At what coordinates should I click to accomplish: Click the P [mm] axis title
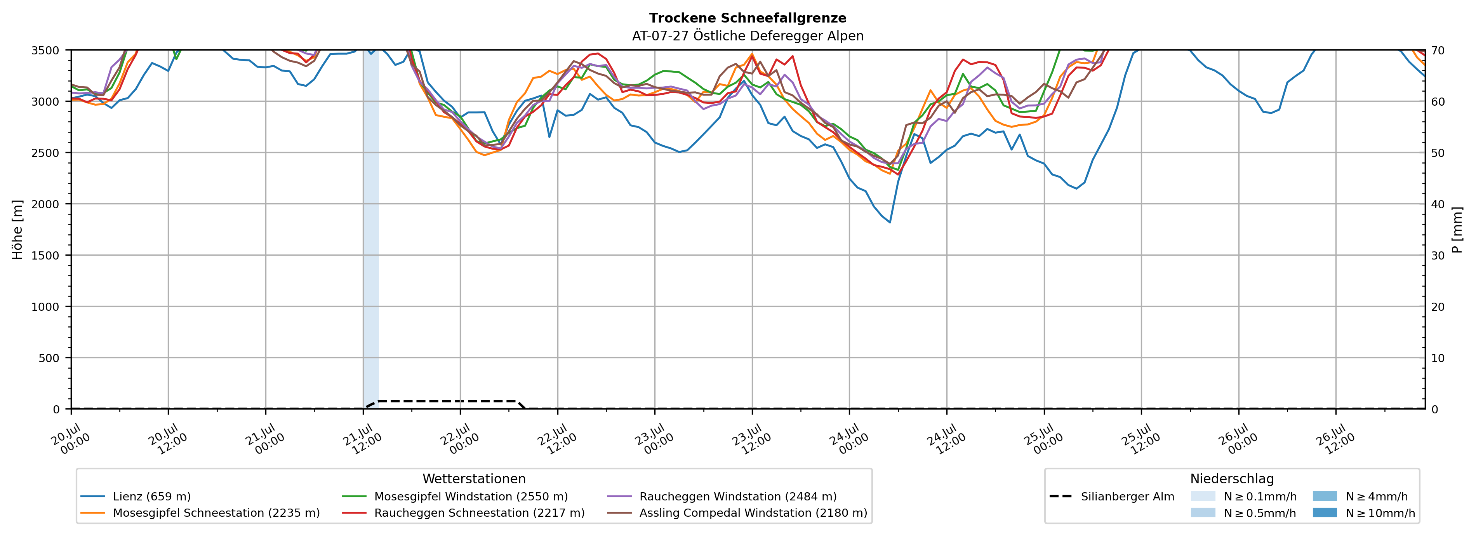(1457, 229)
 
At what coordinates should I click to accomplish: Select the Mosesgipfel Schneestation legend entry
(200, 512)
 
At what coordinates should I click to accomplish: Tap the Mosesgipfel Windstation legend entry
(455, 497)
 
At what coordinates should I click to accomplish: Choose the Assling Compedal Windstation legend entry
(737, 512)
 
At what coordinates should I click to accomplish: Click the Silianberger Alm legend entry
(1112, 497)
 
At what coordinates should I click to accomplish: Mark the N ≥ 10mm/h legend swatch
(1325, 512)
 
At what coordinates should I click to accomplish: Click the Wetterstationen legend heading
(474, 479)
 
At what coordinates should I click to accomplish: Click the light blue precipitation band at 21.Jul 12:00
(371, 229)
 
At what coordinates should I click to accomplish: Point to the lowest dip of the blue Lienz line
(890, 223)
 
